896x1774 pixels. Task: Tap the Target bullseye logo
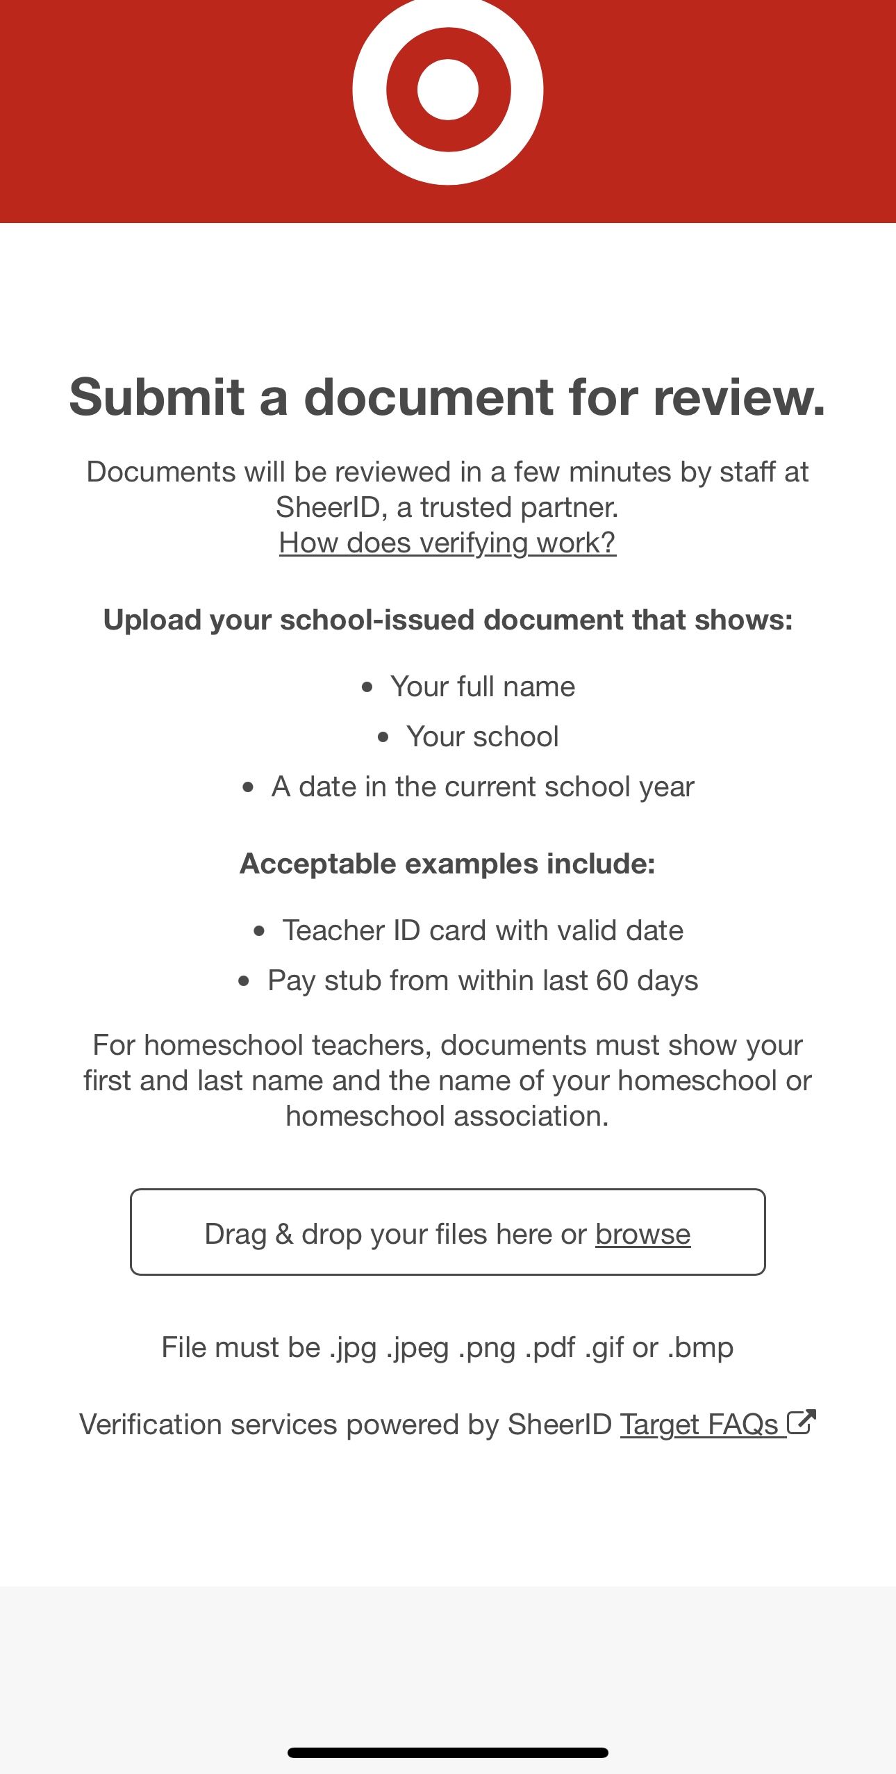pos(448,90)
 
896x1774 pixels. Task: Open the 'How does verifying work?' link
pos(447,543)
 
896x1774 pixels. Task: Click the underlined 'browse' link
pos(642,1235)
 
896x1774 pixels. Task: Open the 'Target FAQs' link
pos(699,1424)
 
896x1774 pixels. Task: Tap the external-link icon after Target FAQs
pos(801,1422)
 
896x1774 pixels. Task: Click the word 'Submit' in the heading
pos(157,397)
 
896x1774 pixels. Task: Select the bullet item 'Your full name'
pos(482,687)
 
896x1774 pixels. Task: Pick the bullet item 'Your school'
pos(482,737)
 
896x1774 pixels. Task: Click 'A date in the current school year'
pos(482,787)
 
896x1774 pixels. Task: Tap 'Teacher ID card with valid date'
pos(482,930)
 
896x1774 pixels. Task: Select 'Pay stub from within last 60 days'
pos(482,980)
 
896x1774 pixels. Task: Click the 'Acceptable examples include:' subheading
pos(447,864)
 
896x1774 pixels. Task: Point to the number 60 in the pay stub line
pos(612,980)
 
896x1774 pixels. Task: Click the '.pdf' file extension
pos(550,1347)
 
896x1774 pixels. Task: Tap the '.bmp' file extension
pos(700,1347)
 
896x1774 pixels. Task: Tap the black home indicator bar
pos(448,1753)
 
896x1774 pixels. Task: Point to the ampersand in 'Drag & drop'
pos(284,1235)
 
